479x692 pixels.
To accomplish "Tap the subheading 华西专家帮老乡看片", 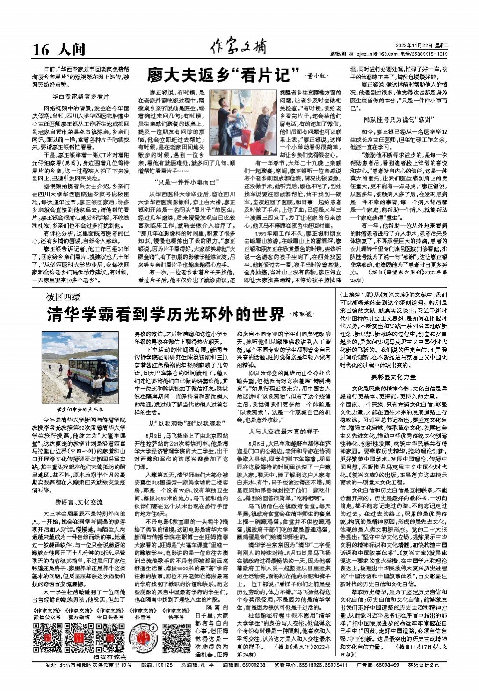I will pos(80,97).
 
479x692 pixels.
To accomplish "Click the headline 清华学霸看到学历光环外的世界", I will pos(166,314).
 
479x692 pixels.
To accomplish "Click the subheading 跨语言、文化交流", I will pos(79,502).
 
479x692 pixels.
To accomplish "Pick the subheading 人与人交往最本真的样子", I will pos(284,432).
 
